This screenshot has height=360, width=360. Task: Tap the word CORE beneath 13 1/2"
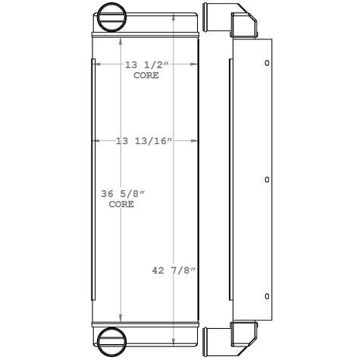[146, 76]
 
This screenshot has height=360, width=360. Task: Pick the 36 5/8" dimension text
[123, 195]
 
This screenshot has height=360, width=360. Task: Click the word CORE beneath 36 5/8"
[121, 205]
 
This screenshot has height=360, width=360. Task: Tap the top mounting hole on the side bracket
[266, 64]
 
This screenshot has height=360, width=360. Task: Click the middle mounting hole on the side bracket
[266, 180]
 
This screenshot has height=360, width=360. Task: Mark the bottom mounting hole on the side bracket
[266, 295]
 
